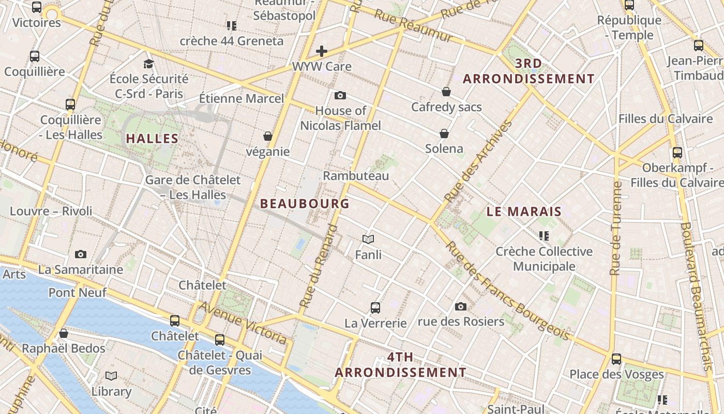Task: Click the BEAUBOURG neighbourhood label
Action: pyautogui.click(x=305, y=203)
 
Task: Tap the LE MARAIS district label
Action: pyautogui.click(x=524, y=211)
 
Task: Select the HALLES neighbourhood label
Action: pyautogui.click(x=152, y=139)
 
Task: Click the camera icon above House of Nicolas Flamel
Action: pyautogui.click(x=340, y=95)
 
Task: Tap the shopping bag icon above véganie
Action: pyautogui.click(x=268, y=136)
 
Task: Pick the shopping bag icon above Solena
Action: pyautogui.click(x=444, y=134)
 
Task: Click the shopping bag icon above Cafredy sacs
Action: pyautogui.click(x=446, y=92)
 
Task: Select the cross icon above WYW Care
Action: pyautogui.click(x=322, y=51)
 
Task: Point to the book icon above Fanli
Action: pyautogui.click(x=368, y=239)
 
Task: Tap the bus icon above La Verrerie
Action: pyautogui.click(x=375, y=307)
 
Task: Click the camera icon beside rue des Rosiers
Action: pyautogui.click(x=460, y=306)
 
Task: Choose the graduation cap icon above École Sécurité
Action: pyautogui.click(x=149, y=64)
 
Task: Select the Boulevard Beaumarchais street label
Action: pyautogui.click(x=700, y=295)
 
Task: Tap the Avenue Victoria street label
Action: pyautogui.click(x=243, y=323)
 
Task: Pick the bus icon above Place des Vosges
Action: pyautogui.click(x=616, y=359)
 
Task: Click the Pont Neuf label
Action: pyautogui.click(x=78, y=292)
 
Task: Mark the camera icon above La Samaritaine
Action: pyautogui.click(x=81, y=254)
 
